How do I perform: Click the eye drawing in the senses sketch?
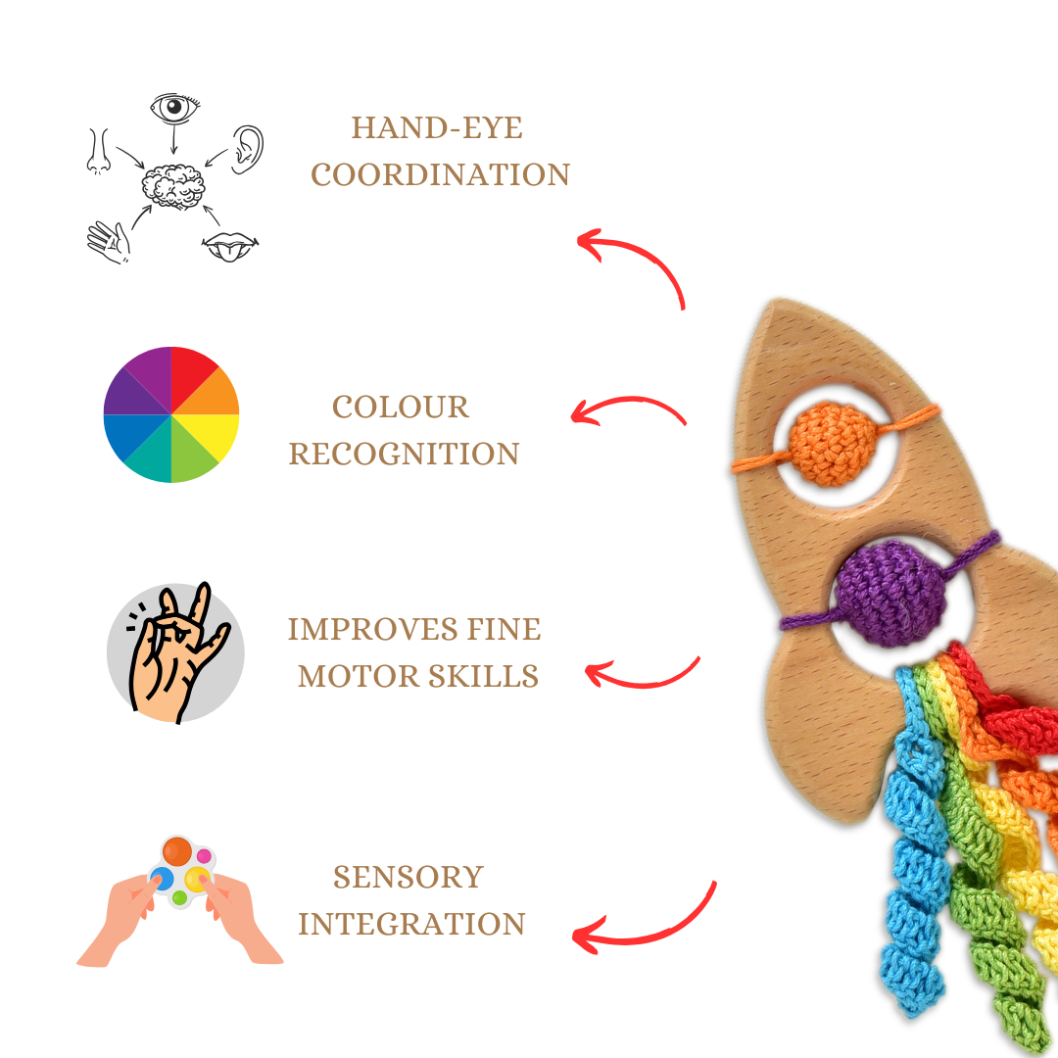175,109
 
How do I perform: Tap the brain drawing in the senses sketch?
172,184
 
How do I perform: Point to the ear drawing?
249,149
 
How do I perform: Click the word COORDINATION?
440,175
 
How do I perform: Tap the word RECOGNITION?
404,455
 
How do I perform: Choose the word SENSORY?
409,877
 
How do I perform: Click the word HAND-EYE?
437,128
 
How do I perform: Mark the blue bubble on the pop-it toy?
163,878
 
